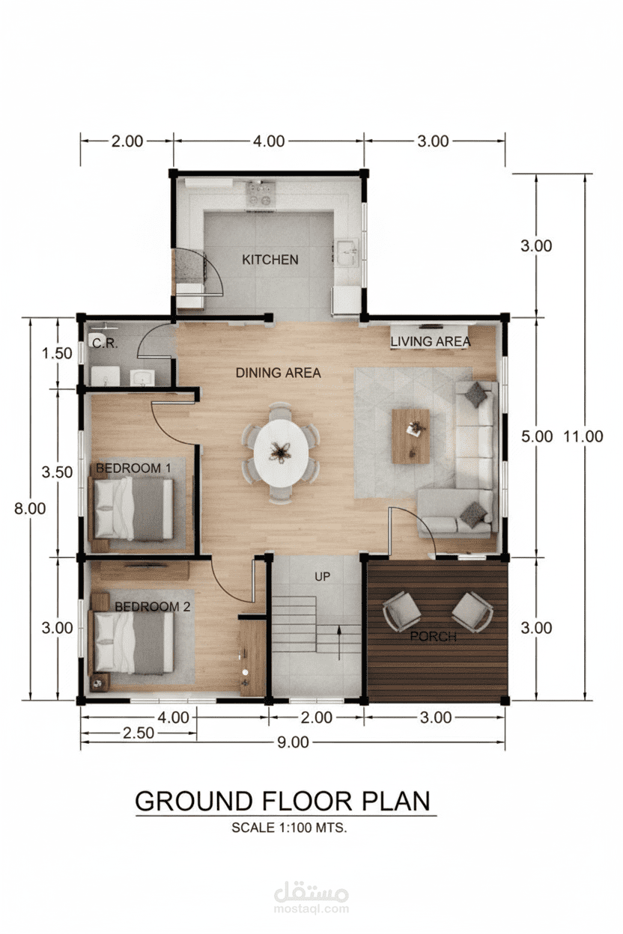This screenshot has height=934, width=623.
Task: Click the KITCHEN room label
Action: click(x=270, y=260)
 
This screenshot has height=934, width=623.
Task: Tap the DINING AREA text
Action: click(x=278, y=372)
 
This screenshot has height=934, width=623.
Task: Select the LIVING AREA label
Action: click(x=431, y=341)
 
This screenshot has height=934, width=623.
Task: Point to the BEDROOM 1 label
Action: click(x=133, y=468)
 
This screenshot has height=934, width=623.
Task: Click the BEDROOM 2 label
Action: click(x=152, y=606)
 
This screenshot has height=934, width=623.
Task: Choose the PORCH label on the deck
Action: click(x=433, y=637)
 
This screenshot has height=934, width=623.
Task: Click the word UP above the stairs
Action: click(x=323, y=576)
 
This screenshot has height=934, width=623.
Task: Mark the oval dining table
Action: click(x=281, y=451)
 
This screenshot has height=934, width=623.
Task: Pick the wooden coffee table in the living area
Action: click(x=410, y=435)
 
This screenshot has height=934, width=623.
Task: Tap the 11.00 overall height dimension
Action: click(x=583, y=436)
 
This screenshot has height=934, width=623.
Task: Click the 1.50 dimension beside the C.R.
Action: click(x=58, y=352)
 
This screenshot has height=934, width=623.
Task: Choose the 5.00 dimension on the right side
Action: click(x=537, y=436)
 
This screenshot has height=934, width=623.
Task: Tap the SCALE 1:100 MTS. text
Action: click(x=290, y=828)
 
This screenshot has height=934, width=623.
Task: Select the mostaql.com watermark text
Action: click(x=311, y=909)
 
